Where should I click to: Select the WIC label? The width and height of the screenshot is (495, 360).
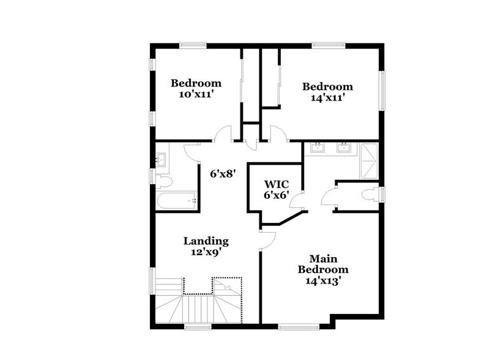(x=276, y=183)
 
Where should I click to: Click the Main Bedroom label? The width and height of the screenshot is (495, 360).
(x=323, y=264)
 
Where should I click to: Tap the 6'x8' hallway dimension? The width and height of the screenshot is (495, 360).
(x=223, y=174)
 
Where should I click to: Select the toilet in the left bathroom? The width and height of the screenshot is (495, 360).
(x=162, y=181)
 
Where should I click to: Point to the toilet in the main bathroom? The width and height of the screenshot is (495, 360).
(x=370, y=196)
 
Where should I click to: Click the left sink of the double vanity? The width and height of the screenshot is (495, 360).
(x=319, y=147)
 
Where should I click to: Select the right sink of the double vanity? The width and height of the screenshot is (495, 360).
(x=344, y=147)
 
